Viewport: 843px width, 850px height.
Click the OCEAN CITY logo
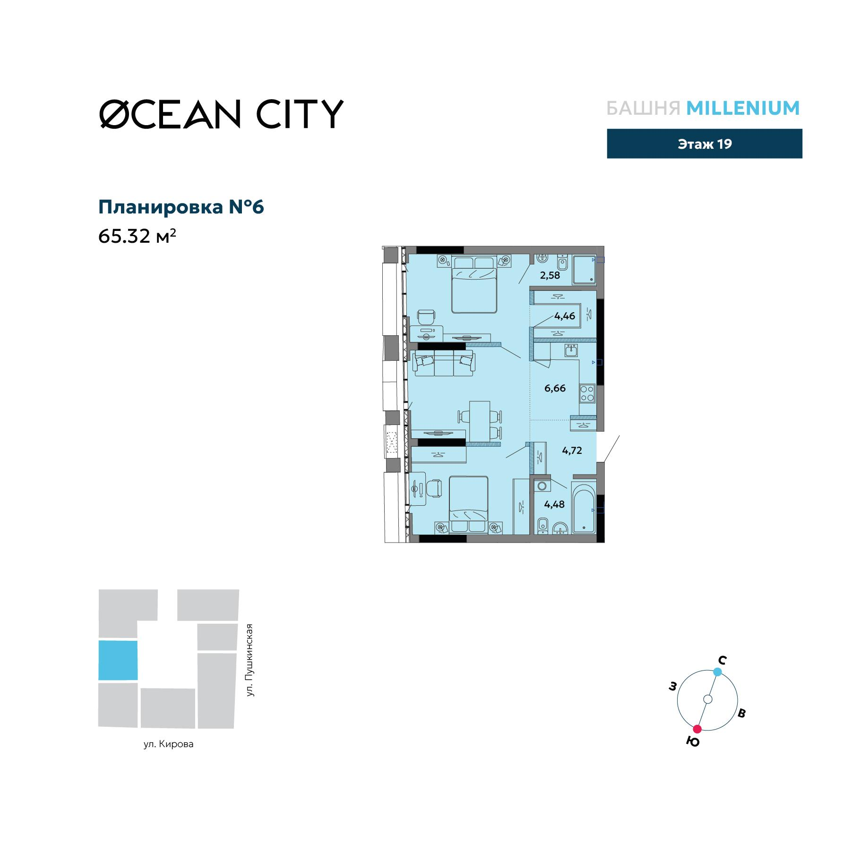click(x=221, y=114)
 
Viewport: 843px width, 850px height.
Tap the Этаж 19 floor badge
click(x=704, y=144)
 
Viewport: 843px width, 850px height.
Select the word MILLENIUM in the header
click(x=743, y=109)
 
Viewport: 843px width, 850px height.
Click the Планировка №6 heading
click(x=181, y=207)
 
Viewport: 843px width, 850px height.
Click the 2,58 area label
click(x=551, y=275)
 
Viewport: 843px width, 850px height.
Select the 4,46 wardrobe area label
click(x=565, y=316)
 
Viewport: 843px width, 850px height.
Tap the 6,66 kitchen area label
click(x=555, y=388)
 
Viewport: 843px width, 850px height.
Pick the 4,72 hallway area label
click(x=572, y=450)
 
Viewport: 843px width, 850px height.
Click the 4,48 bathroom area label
click(x=554, y=504)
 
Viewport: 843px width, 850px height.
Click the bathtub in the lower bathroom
click(x=584, y=508)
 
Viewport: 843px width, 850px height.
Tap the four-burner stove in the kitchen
click(x=587, y=393)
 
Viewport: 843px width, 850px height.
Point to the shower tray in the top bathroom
click(x=584, y=270)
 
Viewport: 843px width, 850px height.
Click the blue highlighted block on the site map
click(x=118, y=660)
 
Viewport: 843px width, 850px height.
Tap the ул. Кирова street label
click(x=169, y=744)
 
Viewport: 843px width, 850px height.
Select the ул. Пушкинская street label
click(x=249, y=660)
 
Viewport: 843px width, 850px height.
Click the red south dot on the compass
click(x=697, y=729)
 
